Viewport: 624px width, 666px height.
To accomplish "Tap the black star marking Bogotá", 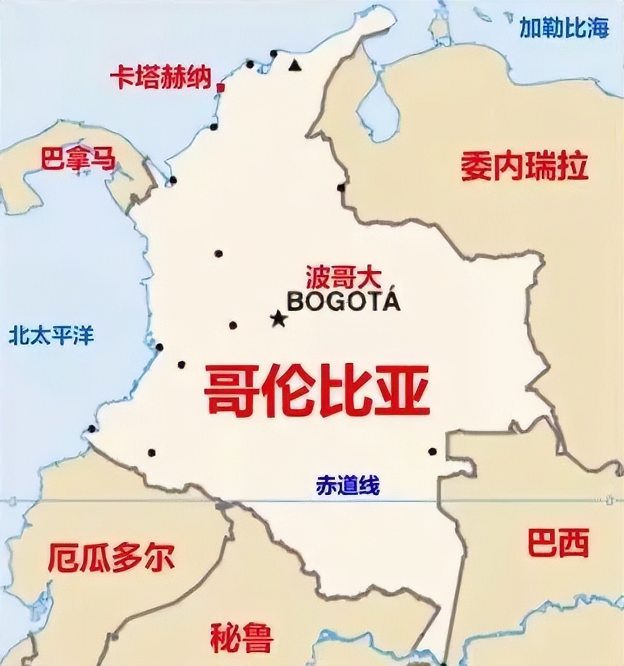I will [x=278, y=318].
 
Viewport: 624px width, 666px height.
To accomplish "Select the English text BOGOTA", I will [x=343, y=301].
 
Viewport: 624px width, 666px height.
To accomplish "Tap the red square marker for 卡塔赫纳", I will [x=221, y=87].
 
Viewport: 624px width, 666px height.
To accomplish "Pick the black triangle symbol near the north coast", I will [x=294, y=65].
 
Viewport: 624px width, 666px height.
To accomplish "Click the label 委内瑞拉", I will [x=524, y=167].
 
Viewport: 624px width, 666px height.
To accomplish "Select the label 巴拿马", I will [x=79, y=159].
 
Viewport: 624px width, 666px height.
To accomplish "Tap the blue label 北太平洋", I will [x=51, y=335].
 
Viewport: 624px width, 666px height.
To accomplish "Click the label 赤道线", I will [x=348, y=486].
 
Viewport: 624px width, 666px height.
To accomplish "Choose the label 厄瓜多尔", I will [x=111, y=558].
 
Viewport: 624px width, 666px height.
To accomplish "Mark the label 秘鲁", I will [x=242, y=636].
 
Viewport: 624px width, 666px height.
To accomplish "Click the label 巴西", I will [x=558, y=544].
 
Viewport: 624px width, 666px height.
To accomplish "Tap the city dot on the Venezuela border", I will [x=341, y=187].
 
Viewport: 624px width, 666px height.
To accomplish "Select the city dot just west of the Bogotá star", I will [x=233, y=325].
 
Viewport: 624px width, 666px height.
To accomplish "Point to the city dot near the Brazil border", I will [x=432, y=451].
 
